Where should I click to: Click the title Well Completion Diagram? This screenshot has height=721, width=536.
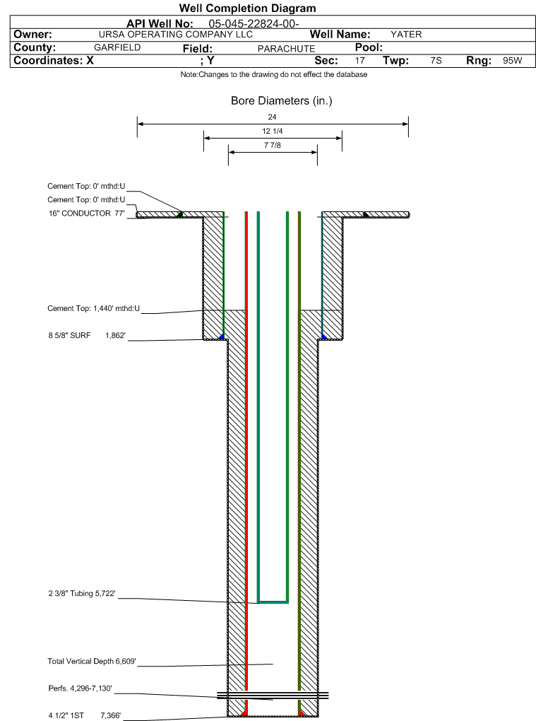coord(248,8)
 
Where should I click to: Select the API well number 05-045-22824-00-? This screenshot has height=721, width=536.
coord(254,24)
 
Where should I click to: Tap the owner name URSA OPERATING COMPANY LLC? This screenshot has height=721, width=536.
coord(176,35)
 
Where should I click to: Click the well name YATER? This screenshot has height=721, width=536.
coord(406,35)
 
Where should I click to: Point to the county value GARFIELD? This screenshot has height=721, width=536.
coord(117,47)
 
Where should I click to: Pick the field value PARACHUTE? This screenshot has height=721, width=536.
coord(286,49)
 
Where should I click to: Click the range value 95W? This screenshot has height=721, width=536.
coord(513,61)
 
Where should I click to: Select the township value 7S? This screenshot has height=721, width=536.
coord(436,61)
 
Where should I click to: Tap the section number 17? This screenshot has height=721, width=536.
coord(360,61)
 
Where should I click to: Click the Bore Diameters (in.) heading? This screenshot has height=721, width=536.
coord(282,100)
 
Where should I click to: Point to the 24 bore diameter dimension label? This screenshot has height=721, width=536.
coord(272,117)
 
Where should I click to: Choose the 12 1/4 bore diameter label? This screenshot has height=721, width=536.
coord(273,131)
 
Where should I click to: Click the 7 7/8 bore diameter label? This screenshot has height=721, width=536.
coord(273,146)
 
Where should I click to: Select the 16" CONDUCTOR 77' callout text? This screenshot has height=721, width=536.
coord(87,213)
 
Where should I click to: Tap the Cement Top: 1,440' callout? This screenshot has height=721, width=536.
coord(94,308)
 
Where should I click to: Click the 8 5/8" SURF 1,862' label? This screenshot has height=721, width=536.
coord(87,336)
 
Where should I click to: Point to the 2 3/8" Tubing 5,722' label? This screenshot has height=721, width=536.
coord(82,594)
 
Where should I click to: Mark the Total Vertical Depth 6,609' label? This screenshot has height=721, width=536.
coord(92,661)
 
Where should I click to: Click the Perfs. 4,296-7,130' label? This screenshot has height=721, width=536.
coord(81,688)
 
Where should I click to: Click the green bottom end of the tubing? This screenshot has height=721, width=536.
coord(273,602)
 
